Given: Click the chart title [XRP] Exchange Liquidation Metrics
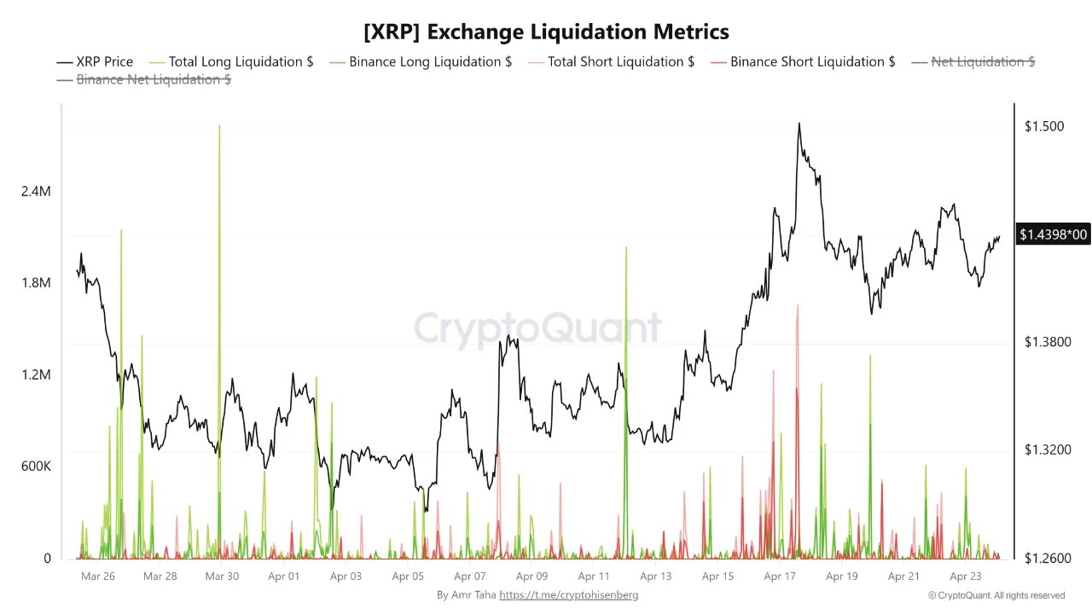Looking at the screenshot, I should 546,32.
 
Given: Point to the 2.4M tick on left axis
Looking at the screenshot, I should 36,192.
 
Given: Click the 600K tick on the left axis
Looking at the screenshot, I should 36,467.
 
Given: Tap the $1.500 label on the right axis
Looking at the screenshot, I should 1043,127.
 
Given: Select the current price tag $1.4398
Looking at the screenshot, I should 1053,235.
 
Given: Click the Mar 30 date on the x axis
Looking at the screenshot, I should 222,576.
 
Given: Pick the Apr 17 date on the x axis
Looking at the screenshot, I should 780,576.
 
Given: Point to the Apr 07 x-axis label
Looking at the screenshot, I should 469,576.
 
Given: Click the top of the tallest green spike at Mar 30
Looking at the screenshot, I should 219,125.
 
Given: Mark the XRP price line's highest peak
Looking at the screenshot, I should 799,124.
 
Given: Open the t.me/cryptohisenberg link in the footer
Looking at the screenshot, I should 568,594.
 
